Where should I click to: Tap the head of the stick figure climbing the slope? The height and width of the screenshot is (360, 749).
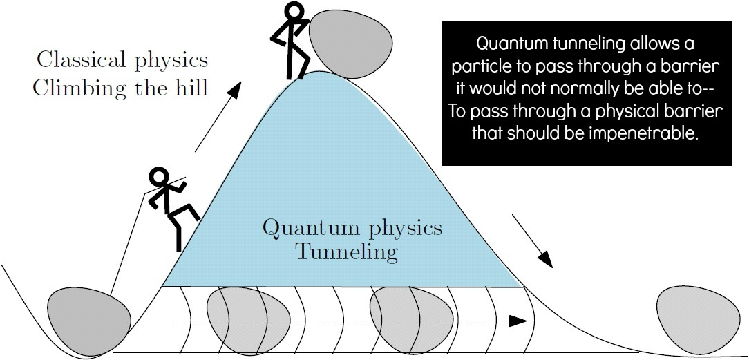pyautogui.click(x=160, y=178)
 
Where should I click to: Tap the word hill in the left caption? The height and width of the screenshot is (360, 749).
pyautogui.click(x=191, y=88)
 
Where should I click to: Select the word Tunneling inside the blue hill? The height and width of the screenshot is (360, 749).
pyautogui.click(x=347, y=252)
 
